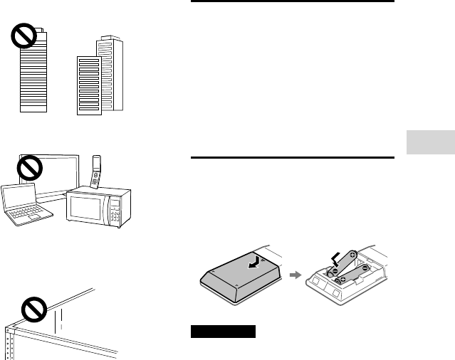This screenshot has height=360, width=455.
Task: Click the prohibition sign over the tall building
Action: pyautogui.click(x=26, y=37)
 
